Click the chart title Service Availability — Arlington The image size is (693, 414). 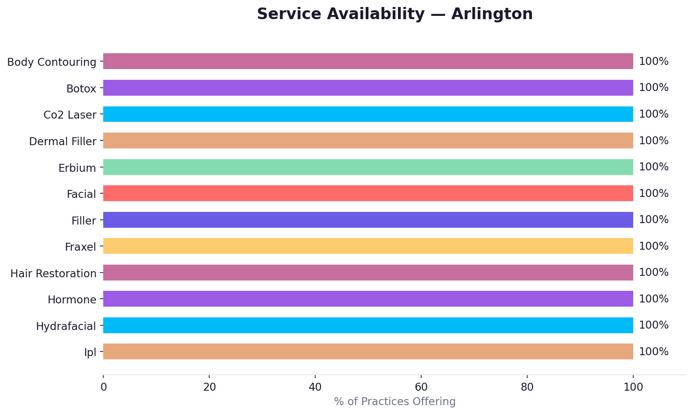[395, 14]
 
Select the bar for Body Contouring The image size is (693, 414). [368, 61]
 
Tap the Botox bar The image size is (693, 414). [368, 88]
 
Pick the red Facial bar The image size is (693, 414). [368, 193]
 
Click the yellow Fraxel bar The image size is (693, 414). [368, 246]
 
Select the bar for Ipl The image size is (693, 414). [368, 351]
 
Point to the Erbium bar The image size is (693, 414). [368, 167]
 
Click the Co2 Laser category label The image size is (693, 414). [70, 115]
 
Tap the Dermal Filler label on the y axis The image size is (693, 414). [63, 141]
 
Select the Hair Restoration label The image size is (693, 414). [53, 274]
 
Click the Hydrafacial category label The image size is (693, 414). [66, 326]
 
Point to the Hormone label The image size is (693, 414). [72, 300]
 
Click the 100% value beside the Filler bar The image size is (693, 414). [653, 220]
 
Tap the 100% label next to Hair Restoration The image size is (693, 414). [653, 273]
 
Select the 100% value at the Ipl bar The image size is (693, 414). [653, 352]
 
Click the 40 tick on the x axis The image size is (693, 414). [315, 387]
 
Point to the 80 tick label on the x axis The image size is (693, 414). [527, 387]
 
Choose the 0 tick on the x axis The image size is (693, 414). [103, 387]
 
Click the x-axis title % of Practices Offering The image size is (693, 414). [395, 401]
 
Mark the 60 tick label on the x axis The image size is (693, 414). [421, 387]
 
